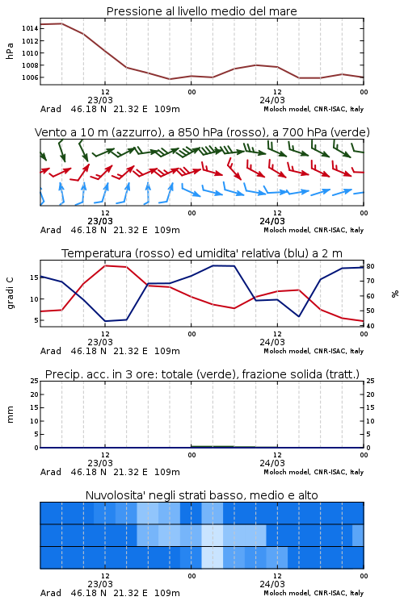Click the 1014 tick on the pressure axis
(x=30, y=28)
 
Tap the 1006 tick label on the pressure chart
(x=30, y=77)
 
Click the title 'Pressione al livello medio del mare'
(x=202, y=11)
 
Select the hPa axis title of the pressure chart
(x=10, y=51)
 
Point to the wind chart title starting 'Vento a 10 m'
(x=202, y=132)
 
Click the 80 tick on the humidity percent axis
(x=370, y=266)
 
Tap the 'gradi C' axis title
(x=10, y=294)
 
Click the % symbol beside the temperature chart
(x=395, y=294)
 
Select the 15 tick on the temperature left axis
(x=34, y=277)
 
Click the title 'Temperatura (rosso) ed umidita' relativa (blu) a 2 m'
(x=202, y=253)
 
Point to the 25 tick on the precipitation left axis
(x=35, y=381)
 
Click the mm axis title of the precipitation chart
(x=10, y=415)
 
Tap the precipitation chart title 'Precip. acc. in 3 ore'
(x=202, y=374)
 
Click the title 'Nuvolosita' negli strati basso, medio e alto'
(x=202, y=495)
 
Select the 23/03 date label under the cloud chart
(x=100, y=584)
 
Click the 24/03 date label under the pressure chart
(x=272, y=100)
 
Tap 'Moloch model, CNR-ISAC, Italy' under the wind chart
(x=314, y=230)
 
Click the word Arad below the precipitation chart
(x=51, y=472)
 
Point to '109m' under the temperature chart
(x=167, y=351)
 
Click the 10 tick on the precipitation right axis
(x=370, y=421)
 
